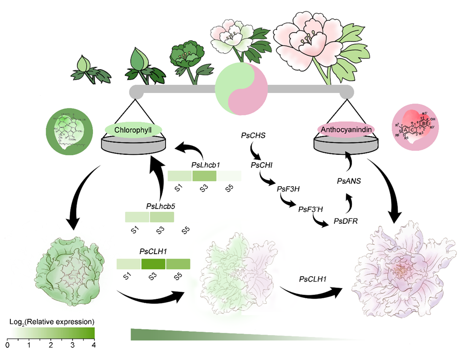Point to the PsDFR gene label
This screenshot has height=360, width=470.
point(346,221)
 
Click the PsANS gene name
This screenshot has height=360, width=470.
point(349,181)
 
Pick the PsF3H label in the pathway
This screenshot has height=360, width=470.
point(288,188)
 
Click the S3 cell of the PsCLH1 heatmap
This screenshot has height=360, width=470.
point(153,264)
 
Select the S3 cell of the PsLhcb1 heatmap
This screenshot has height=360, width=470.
point(204,176)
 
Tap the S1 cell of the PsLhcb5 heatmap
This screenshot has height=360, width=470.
point(137,217)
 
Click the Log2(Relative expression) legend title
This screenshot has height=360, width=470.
point(51,322)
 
